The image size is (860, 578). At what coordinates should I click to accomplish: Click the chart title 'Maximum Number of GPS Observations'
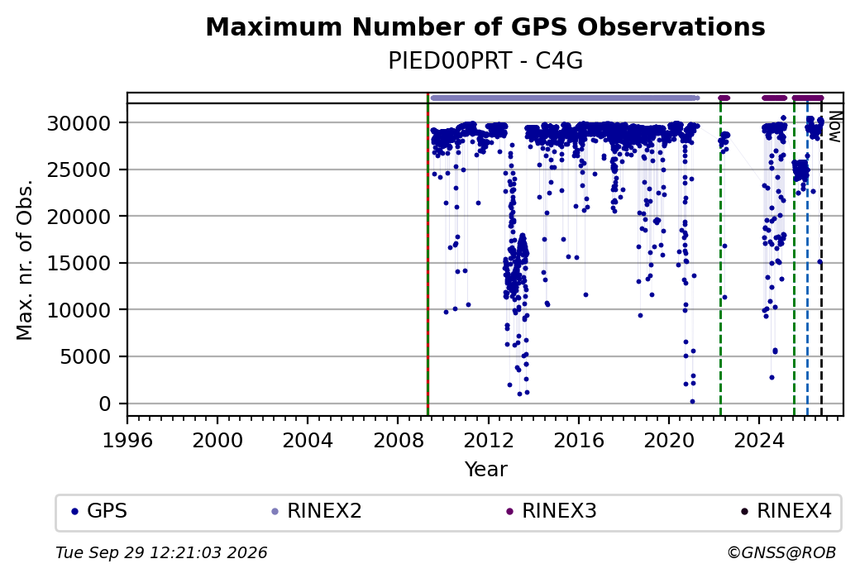coord(485,26)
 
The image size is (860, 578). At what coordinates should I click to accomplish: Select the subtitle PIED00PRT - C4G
coord(485,61)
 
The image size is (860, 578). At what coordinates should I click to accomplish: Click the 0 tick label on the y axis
coord(105,404)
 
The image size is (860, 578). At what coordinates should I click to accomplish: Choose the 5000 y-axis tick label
coord(85,357)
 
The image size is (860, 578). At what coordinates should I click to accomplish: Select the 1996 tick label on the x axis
coord(127,441)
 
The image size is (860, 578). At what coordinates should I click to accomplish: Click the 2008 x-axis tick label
coord(399,441)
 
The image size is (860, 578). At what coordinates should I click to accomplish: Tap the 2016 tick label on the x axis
coord(579,441)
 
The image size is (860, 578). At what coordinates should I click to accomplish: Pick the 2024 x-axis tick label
coord(759,441)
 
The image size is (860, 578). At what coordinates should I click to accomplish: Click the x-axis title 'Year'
coord(486,470)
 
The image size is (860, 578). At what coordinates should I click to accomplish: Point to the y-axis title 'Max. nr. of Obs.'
coord(25,260)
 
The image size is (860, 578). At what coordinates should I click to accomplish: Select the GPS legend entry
coord(99,511)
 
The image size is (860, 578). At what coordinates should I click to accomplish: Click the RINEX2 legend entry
coord(317,511)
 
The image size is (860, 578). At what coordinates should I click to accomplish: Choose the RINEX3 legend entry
coord(552,511)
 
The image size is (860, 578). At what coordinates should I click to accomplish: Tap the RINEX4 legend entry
coord(786,511)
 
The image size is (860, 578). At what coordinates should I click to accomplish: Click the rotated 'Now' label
coord(834,127)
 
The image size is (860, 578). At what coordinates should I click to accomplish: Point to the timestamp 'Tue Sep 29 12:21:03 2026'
coord(161,552)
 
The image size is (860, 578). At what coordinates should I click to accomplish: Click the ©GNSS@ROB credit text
coord(781,552)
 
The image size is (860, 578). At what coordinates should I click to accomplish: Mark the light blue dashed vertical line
coord(807,260)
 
